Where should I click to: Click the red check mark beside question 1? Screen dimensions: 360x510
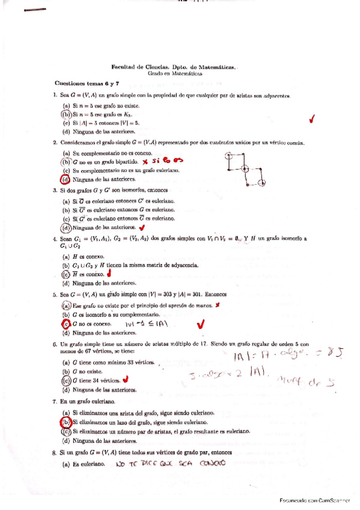(311, 120)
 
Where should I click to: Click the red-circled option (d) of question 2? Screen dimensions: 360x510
(66, 179)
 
